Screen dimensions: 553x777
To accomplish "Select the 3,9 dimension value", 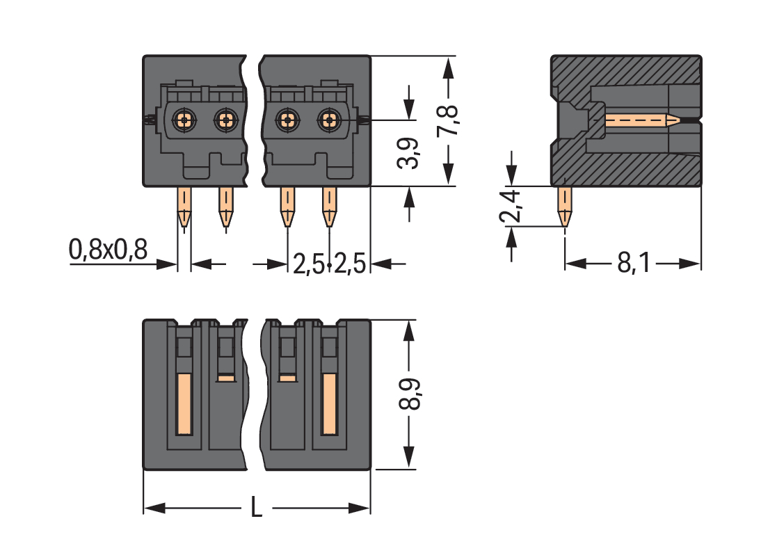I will (409, 152).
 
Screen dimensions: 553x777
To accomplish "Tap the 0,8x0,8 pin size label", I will (108, 249).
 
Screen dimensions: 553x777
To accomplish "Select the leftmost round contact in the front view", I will (184, 120).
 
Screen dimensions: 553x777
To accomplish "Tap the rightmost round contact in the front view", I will (328, 120).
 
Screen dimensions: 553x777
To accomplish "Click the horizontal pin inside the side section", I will (640, 120).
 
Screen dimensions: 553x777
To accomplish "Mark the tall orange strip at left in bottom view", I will (184, 403).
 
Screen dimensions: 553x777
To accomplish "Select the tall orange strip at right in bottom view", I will (329, 403).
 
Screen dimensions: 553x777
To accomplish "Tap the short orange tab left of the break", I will (225, 378).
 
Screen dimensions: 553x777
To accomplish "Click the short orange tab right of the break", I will (287, 378).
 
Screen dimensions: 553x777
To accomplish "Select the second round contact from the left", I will (225, 120).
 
